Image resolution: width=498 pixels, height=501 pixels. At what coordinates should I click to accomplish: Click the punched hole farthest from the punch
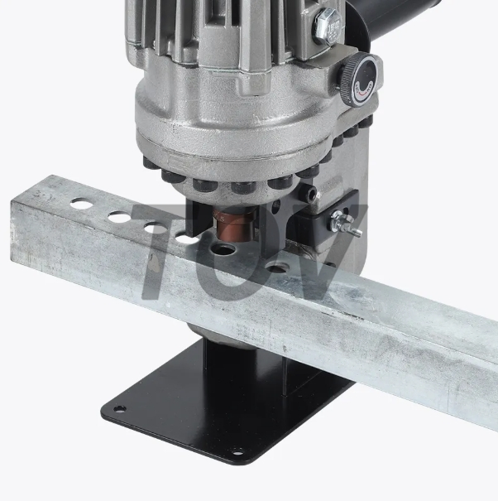(x=81, y=201)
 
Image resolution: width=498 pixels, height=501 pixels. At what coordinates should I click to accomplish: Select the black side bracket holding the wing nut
(x=323, y=224)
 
